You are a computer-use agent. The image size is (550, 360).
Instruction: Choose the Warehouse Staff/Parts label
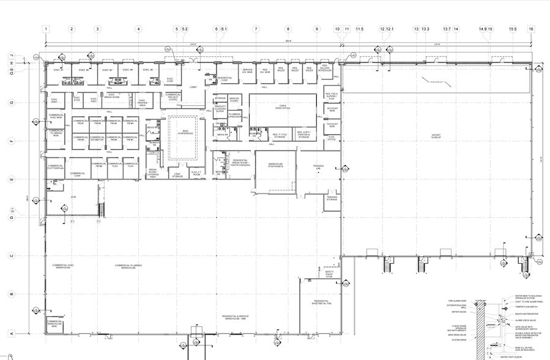pyautogui.click(x=275, y=165)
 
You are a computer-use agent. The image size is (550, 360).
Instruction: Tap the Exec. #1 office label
pyautogui.click(x=59, y=70)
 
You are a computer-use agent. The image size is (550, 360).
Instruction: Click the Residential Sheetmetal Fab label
pyautogui.click(x=322, y=302)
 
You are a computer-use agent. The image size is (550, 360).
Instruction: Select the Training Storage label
pyautogui.click(x=332, y=198)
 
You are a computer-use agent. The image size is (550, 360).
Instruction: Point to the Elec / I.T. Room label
pyautogui.click(x=196, y=173)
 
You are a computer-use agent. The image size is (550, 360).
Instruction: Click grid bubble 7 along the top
pyautogui.click(x=256, y=29)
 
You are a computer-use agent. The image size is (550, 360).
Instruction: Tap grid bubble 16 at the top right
pyautogui.click(x=531, y=29)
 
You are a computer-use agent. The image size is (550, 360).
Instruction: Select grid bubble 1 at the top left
pyautogui.click(x=45, y=29)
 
